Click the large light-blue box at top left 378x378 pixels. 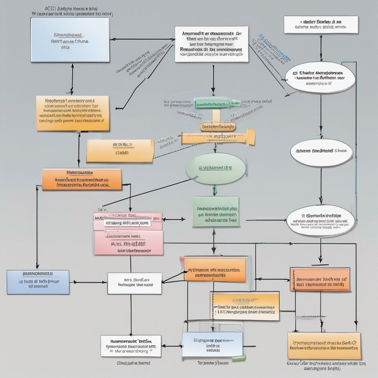70,39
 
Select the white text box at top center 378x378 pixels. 212,44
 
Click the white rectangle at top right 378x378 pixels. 321,25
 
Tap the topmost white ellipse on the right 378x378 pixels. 320,78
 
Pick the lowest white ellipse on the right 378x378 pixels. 320,221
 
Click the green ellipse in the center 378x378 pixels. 216,168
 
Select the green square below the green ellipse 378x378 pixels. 216,212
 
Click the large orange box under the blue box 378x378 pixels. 73,113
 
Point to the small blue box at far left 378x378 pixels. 38,282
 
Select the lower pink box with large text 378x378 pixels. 128,243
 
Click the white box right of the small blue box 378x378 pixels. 134,283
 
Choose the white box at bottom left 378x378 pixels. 131,346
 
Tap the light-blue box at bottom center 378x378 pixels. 213,344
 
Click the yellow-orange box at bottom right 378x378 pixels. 324,346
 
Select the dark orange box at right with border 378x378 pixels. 320,279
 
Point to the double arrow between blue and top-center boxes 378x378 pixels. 142,39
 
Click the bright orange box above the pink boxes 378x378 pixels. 82,179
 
